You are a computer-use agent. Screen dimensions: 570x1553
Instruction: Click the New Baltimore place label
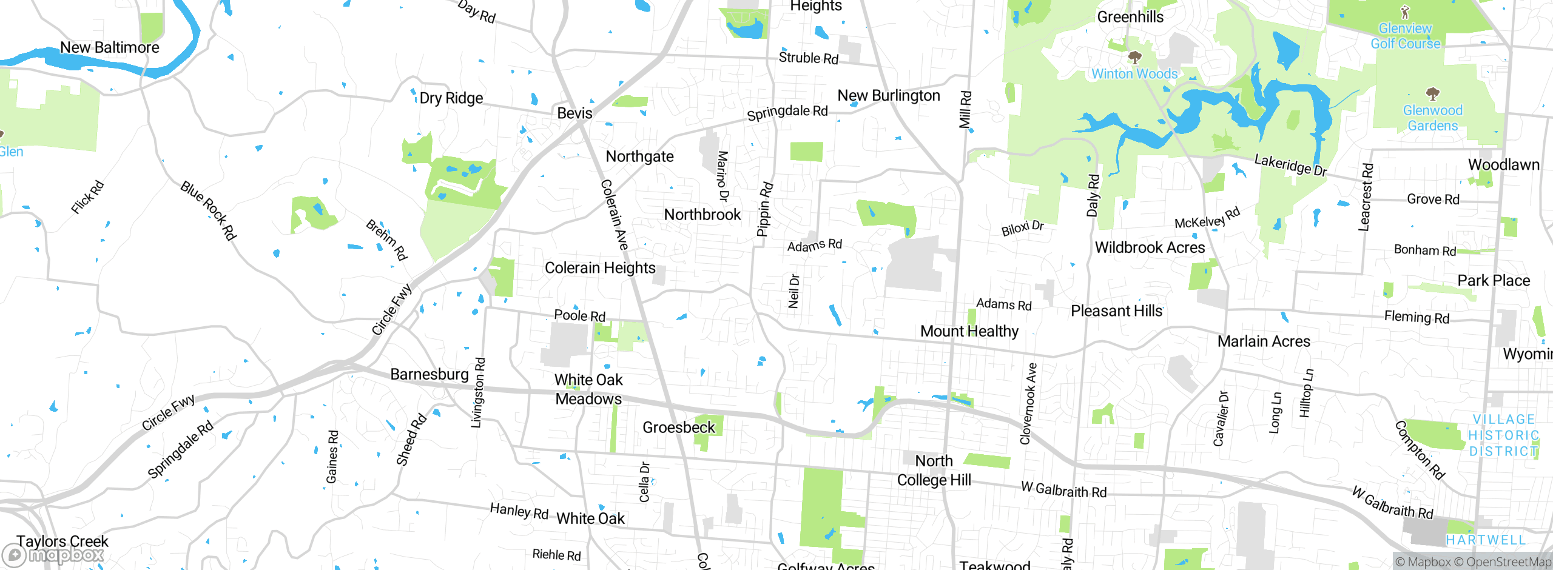(x=110, y=47)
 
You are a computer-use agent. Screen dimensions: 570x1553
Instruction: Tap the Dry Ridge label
(x=451, y=98)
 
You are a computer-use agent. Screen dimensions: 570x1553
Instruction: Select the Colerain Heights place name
(x=600, y=268)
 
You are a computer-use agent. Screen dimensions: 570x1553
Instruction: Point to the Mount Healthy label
(x=969, y=331)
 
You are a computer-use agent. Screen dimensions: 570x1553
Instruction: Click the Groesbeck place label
(x=679, y=428)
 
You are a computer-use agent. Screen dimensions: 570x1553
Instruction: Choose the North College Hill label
(x=934, y=471)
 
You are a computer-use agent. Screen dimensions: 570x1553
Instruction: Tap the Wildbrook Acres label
(x=1150, y=247)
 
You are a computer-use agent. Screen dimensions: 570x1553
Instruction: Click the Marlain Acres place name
(x=1264, y=341)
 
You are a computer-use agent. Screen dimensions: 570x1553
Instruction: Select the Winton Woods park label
(x=1134, y=74)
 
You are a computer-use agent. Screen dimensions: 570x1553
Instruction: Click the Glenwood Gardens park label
(x=1432, y=118)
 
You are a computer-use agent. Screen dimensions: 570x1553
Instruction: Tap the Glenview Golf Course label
(x=1405, y=36)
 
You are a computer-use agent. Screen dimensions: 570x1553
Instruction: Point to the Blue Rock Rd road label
(x=208, y=210)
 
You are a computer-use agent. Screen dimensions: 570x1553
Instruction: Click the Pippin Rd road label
(x=764, y=209)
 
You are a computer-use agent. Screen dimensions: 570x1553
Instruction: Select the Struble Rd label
(x=808, y=58)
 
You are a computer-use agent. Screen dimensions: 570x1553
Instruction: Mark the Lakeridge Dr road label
(x=1290, y=165)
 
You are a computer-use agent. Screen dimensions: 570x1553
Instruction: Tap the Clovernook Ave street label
(x=1029, y=403)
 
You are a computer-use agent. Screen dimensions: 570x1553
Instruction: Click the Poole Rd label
(x=579, y=315)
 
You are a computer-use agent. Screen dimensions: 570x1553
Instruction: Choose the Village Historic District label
(x=1503, y=435)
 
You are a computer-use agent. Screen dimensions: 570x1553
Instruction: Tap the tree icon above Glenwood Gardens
(x=1432, y=93)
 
